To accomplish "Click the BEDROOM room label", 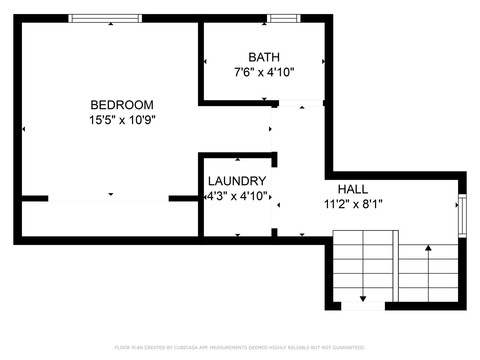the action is (x=122, y=105).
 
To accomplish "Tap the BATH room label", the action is (x=264, y=57).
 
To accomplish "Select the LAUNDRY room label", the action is (x=237, y=181).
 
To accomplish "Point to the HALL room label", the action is (x=353, y=189).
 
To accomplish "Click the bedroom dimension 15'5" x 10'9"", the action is (x=122, y=120).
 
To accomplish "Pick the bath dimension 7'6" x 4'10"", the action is (x=264, y=72).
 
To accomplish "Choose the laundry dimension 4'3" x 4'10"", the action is (x=237, y=196).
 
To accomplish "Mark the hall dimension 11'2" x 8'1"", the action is (x=353, y=204).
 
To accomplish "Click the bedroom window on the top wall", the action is (x=105, y=18).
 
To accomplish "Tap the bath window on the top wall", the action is (x=283, y=18).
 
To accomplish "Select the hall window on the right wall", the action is (x=462, y=216).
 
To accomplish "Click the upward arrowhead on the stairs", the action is (x=428, y=248).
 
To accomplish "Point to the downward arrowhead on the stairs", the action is (x=363, y=299).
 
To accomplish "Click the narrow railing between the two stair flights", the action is (x=396, y=266).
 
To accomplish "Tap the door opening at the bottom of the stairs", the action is (x=363, y=306).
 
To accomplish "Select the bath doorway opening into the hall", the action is (x=301, y=103).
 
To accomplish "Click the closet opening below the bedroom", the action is (x=109, y=199).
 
